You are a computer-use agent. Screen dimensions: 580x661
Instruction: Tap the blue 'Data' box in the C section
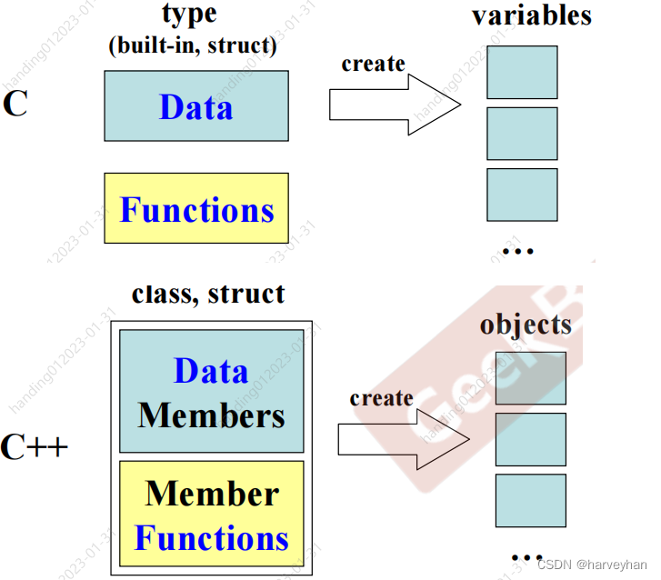[196, 106]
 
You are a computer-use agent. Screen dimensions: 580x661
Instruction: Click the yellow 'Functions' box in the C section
[196, 208]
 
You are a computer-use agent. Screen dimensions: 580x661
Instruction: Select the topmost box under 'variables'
[522, 72]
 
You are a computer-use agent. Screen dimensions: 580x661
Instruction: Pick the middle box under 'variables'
[522, 134]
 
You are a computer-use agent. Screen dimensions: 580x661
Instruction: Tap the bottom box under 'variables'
[522, 195]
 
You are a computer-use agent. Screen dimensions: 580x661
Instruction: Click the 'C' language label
[15, 104]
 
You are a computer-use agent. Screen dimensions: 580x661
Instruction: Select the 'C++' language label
[35, 446]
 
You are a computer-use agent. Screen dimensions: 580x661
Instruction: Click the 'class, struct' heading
[208, 294]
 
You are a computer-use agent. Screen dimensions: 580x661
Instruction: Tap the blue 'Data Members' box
[212, 391]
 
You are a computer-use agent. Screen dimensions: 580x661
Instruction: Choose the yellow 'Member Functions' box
[212, 515]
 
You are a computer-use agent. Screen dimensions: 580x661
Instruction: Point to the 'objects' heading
[526, 325]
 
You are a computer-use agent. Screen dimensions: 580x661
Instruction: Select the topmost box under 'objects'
[530, 378]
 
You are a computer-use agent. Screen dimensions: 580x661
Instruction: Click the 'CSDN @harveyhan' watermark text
[591, 563]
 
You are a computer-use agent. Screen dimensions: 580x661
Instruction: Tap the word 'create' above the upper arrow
[373, 64]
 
